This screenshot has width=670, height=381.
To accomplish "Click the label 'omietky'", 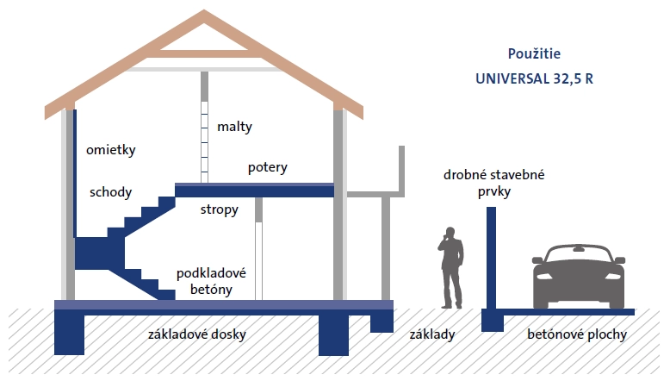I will tap(111, 150).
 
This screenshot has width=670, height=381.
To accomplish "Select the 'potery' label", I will tap(267, 167).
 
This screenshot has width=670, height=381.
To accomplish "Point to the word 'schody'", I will tap(111, 192).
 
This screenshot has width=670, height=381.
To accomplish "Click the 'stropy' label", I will tap(220, 209).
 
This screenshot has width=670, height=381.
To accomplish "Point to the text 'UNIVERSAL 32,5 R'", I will tap(535, 78).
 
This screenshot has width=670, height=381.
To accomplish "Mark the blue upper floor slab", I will tap(254, 187).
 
